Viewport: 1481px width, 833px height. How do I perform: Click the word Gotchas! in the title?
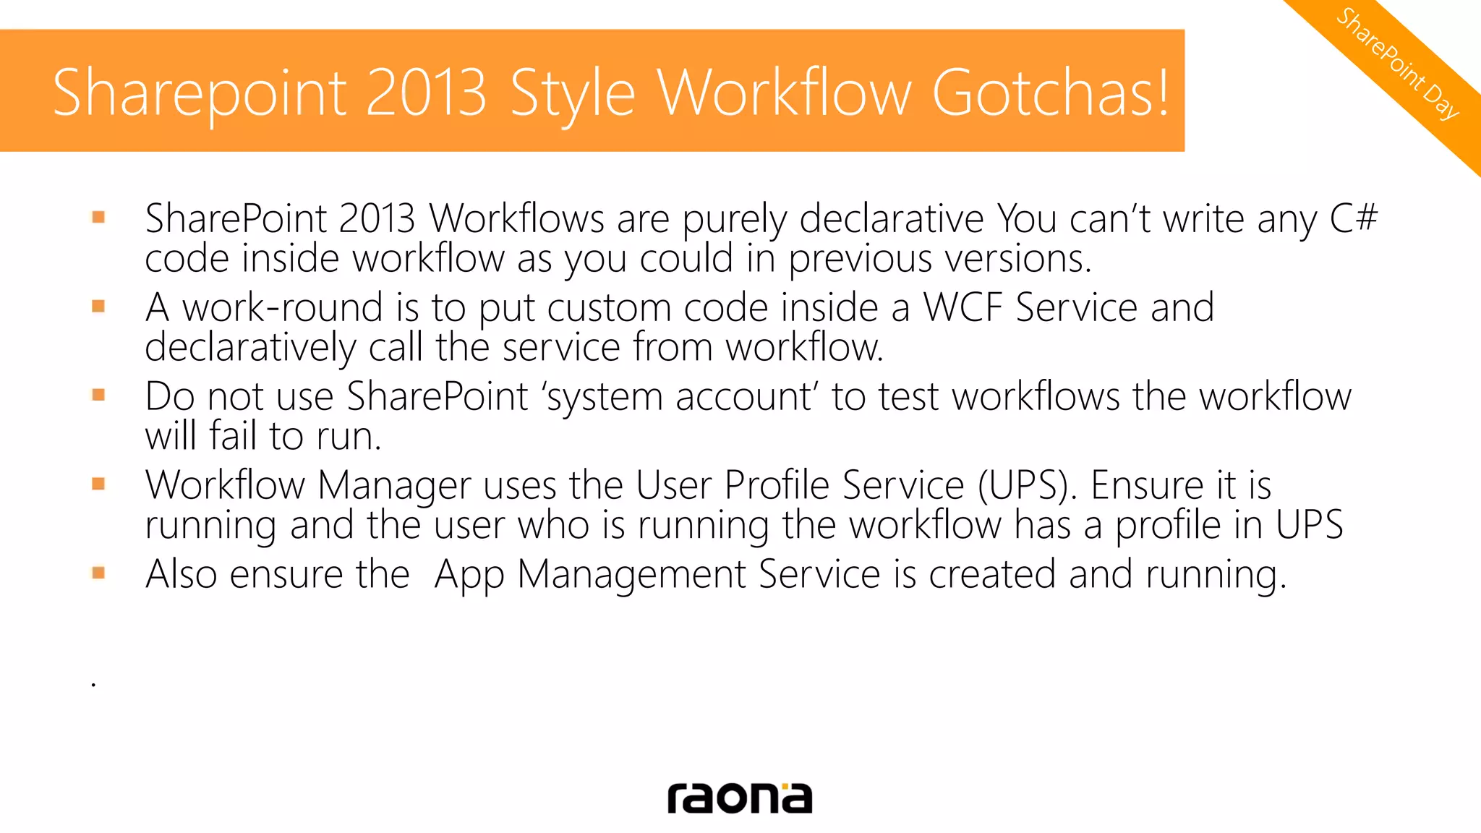[1050, 93]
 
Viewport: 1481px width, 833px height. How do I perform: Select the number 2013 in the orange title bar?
[425, 93]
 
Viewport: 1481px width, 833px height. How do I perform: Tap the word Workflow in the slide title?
[784, 93]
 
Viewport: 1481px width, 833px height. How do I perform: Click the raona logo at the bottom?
[740, 798]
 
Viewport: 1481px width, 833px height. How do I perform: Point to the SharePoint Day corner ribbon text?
[1397, 64]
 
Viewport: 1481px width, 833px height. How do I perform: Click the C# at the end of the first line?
[1353, 218]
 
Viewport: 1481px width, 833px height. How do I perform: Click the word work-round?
[282, 307]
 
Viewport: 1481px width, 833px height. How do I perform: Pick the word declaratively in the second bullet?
[250, 348]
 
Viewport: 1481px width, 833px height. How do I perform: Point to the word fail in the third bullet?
[233, 436]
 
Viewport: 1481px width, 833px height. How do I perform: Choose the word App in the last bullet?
[469, 576]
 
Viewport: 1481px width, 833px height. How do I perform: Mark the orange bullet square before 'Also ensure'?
[98, 573]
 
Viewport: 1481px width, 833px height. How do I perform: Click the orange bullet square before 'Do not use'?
[98, 395]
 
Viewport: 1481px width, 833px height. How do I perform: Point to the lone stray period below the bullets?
[93, 683]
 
